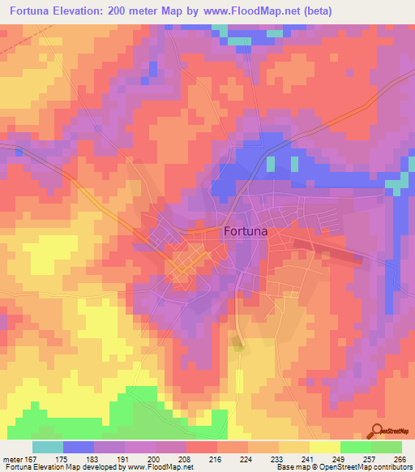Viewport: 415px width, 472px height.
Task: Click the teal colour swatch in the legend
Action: coord(48,447)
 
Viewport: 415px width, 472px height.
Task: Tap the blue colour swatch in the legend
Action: coord(79,447)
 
